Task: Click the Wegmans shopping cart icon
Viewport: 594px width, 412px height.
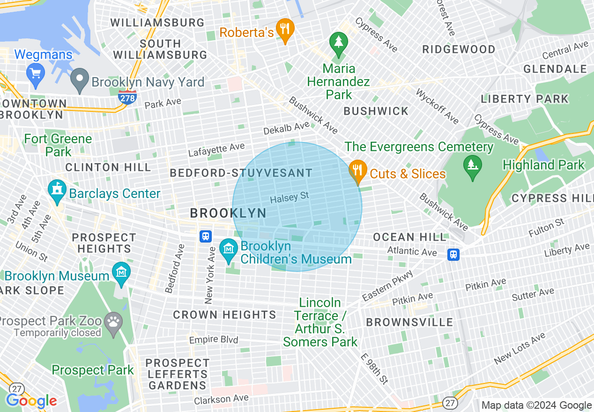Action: click(x=36, y=73)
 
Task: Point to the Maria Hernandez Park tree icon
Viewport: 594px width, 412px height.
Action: click(x=338, y=44)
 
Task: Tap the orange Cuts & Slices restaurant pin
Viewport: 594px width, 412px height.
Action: click(x=358, y=171)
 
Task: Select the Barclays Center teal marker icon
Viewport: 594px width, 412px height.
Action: click(x=57, y=191)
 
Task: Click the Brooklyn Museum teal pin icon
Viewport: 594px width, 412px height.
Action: click(x=121, y=273)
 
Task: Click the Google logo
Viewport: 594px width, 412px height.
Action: click(x=31, y=401)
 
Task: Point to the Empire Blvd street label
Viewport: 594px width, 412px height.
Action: click(x=214, y=339)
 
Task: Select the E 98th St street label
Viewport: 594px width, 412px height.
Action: click(x=375, y=368)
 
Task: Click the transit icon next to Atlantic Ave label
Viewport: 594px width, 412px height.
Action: click(x=453, y=254)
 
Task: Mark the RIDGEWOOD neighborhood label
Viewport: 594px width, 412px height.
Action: click(x=459, y=50)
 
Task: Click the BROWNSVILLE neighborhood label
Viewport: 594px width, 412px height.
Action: click(x=409, y=322)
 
